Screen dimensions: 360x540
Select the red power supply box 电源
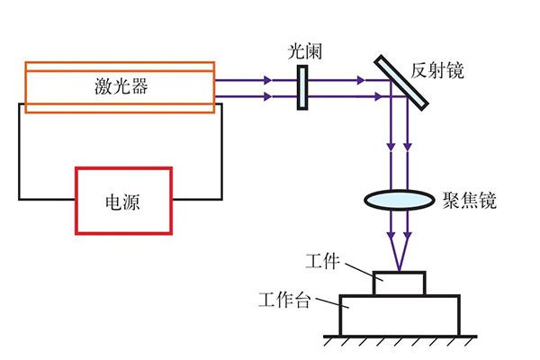123,200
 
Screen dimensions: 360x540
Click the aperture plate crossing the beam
303,86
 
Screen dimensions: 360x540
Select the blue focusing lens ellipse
400,199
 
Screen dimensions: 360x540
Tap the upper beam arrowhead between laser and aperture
268,79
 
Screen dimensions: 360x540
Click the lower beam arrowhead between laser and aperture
268,94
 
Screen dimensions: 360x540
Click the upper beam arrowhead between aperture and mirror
360,79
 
